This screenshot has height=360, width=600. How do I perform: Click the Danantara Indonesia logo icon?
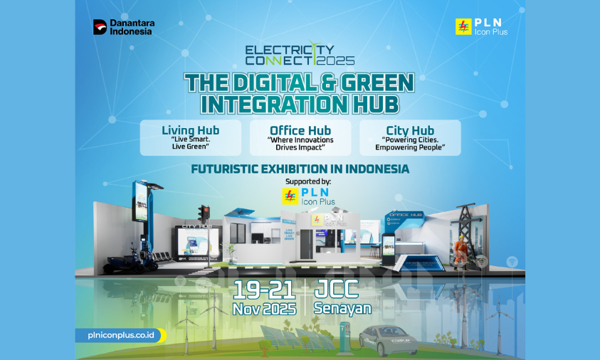[100, 27]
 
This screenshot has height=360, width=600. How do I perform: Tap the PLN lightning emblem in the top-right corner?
[463, 26]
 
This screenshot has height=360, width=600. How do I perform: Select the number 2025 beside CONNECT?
[337, 61]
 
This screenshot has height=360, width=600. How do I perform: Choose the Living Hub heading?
[190, 130]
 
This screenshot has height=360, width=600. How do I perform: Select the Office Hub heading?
[300, 130]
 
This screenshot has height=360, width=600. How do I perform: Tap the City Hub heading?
[409, 130]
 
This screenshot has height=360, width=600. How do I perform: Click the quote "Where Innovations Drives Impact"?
[300, 144]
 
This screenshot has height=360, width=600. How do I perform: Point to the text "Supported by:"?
[300, 181]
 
